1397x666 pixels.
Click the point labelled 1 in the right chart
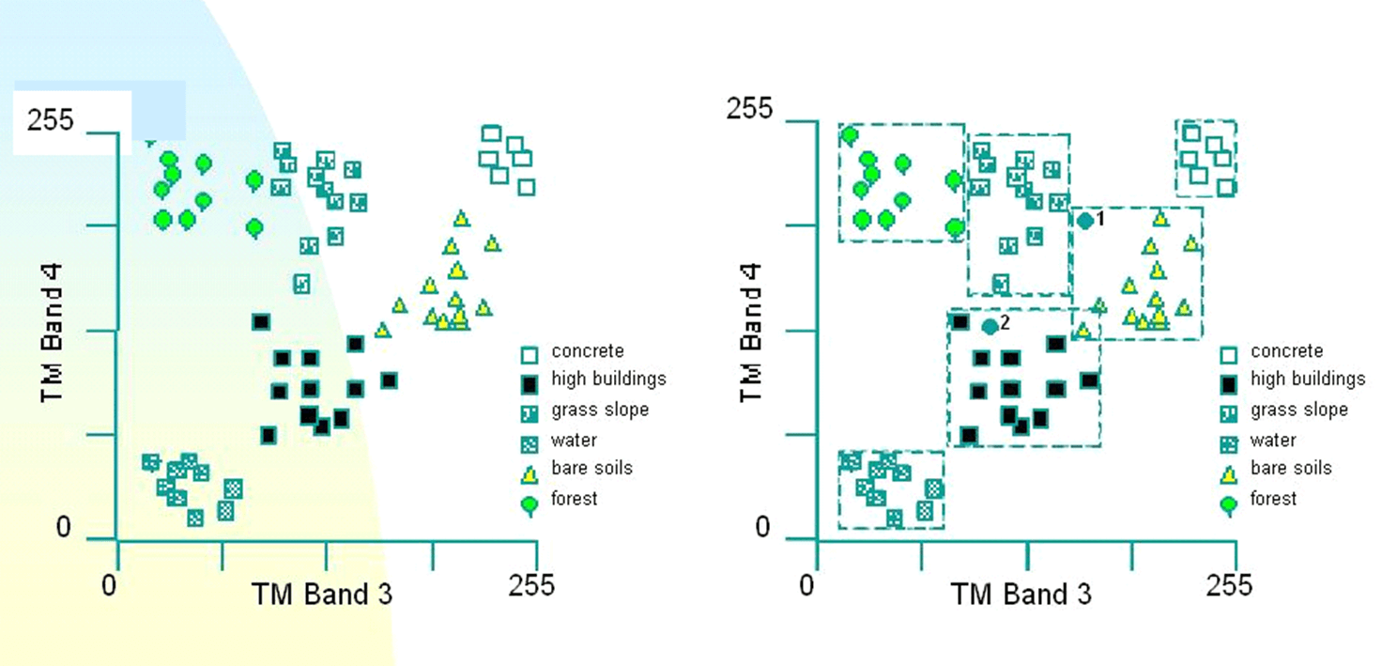point(1085,221)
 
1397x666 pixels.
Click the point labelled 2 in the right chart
point(990,327)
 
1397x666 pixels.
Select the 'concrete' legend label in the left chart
point(588,350)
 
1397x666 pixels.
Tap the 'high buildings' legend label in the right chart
point(1308,379)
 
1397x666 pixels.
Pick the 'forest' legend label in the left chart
point(574,499)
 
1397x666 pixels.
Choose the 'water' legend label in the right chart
point(1273,440)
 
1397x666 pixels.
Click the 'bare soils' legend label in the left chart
point(591,468)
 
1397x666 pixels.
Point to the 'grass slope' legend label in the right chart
point(1299,410)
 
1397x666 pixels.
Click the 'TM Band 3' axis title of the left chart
point(322,595)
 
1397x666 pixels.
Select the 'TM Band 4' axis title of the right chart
point(750,333)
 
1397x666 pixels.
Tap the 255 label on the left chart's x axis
point(530,585)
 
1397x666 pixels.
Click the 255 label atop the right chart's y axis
point(749,109)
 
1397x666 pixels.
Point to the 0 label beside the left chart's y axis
point(64,527)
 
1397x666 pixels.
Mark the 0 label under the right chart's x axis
point(807,585)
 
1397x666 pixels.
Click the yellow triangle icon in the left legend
point(530,475)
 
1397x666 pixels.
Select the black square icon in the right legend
point(1228,385)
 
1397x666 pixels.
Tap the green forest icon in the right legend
point(1229,506)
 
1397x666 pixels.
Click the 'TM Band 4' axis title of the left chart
point(52,333)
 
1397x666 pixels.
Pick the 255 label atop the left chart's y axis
point(50,120)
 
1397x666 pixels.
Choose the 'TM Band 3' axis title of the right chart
point(1021,595)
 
